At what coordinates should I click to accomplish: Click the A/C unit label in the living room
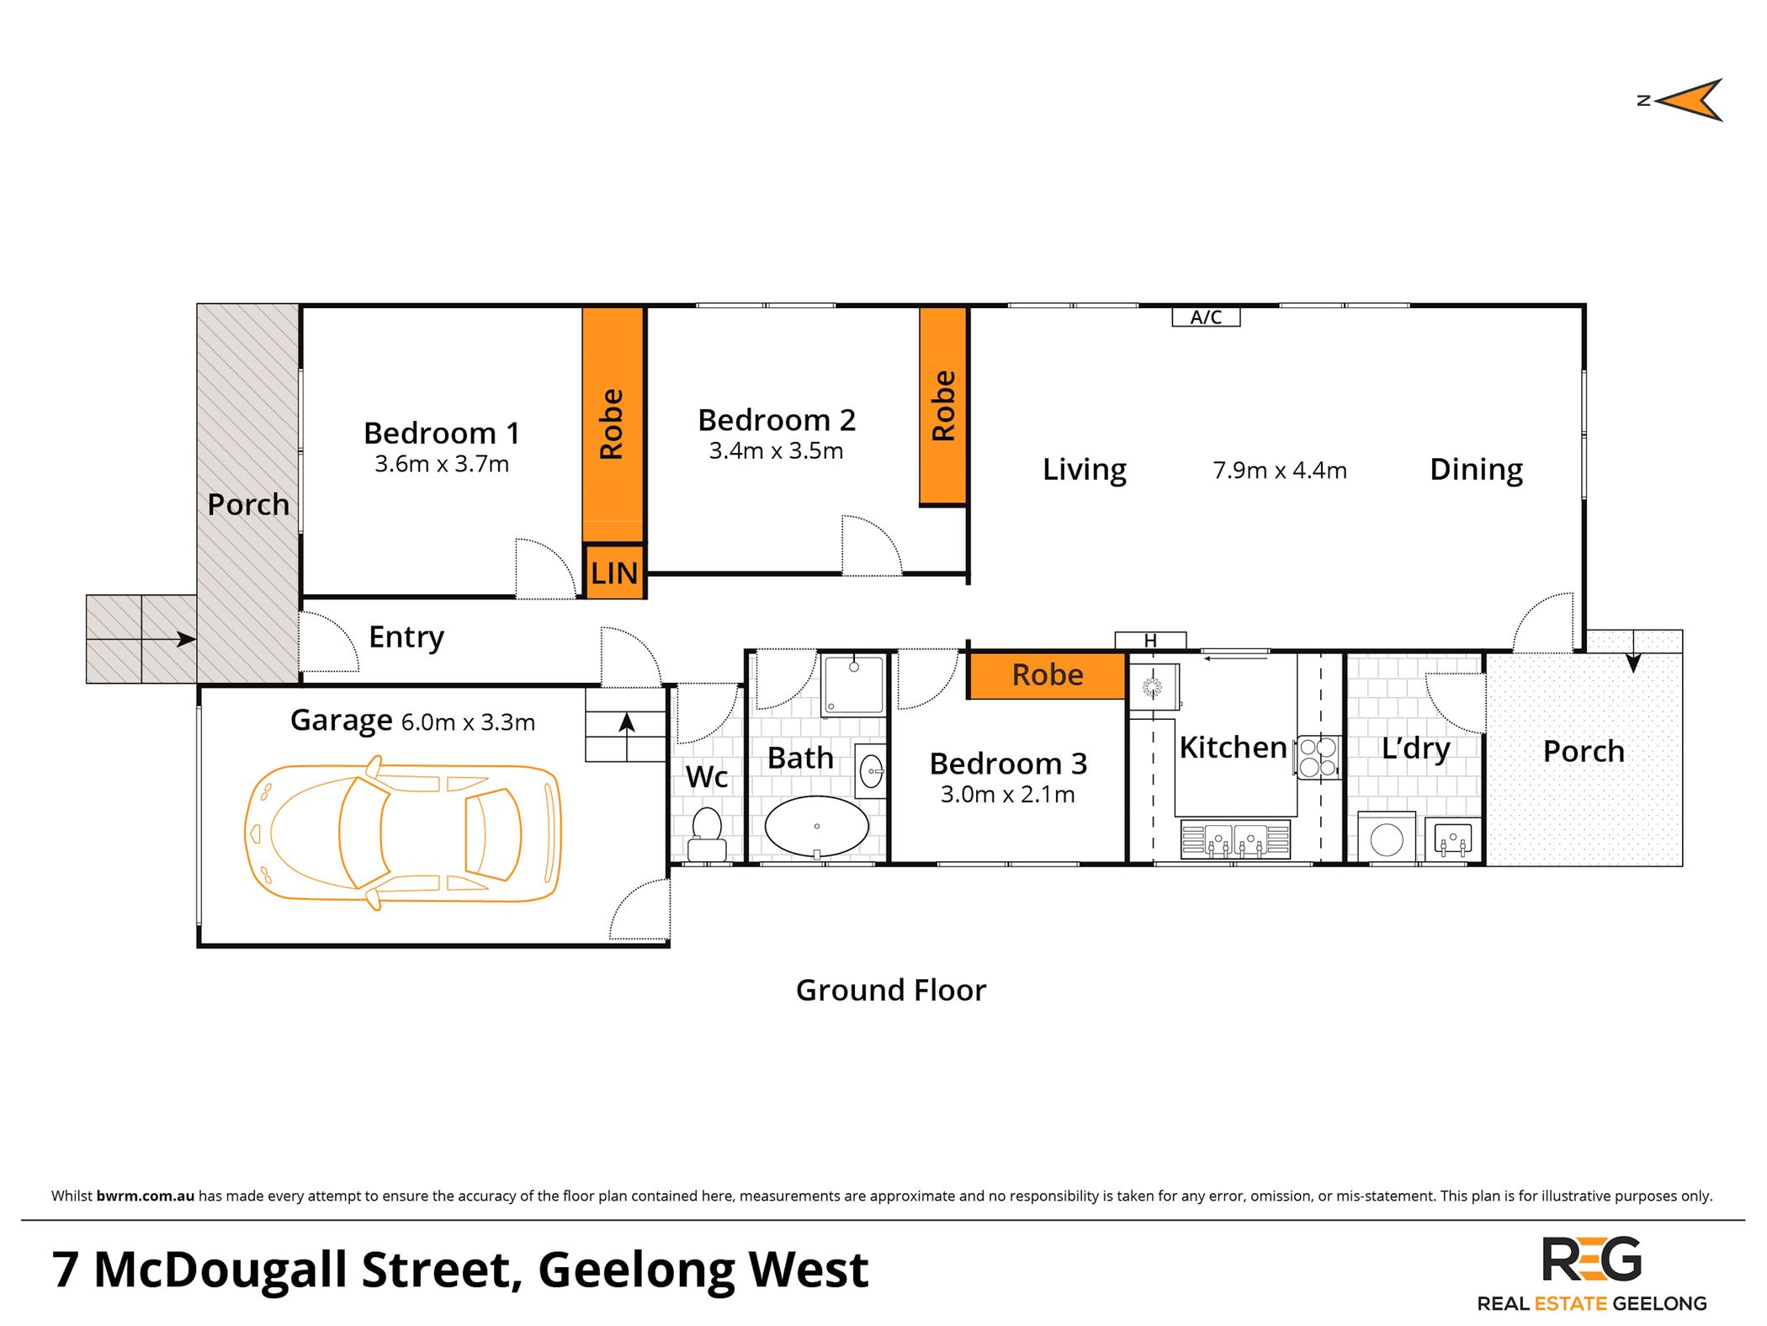pos(1206,317)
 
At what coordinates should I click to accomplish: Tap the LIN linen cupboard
pos(614,573)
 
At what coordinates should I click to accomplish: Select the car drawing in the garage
pos(403,833)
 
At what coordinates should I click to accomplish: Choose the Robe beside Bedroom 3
pos(1047,675)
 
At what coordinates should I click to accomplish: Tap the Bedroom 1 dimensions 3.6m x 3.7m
pos(442,464)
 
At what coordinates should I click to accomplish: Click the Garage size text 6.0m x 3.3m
pos(468,722)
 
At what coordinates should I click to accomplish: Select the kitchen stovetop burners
pos(1318,757)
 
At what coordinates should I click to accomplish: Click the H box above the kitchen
pos(1150,641)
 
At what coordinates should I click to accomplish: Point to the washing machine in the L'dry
pos(1386,839)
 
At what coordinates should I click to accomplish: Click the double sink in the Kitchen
pos(1235,839)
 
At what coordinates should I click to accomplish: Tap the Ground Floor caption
pos(890,990)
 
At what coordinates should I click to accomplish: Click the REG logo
pos(1590,1259)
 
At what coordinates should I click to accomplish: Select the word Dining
pos(1476,469)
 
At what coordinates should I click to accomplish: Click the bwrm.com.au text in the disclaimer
pos(145,1196)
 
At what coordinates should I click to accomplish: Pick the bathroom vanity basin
pos(871,770)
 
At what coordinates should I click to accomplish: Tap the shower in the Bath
pos(853,684)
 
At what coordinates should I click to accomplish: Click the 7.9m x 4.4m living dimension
pos(1279,471)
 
